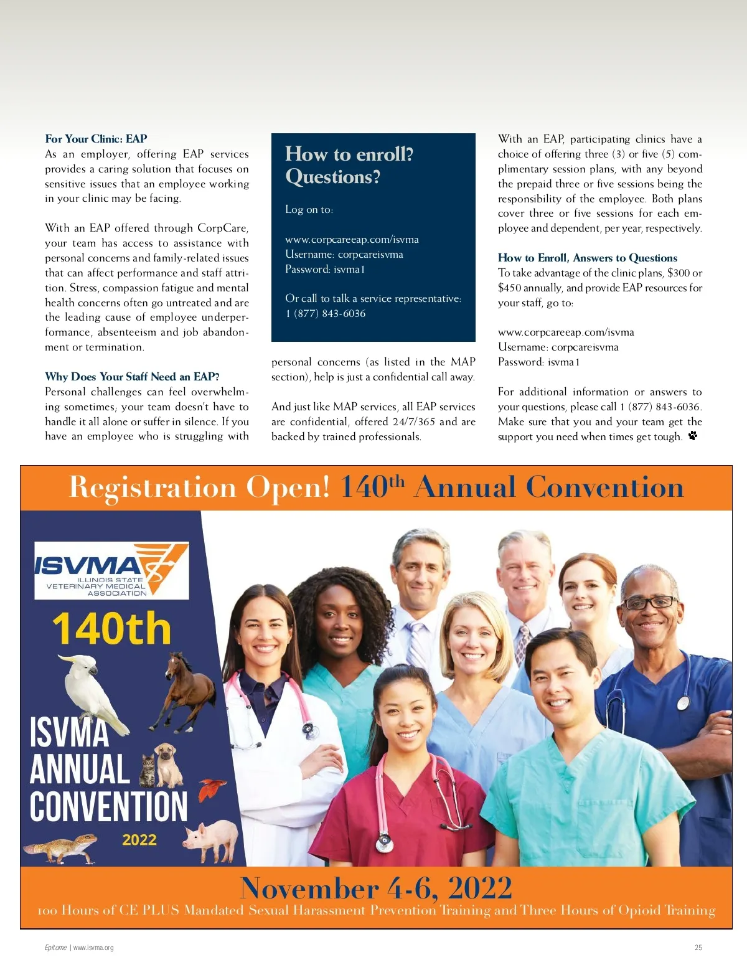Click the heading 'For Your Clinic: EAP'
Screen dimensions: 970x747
pyautogui.click(x=96, y=139)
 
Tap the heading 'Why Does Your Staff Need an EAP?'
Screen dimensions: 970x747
pyautogui.click(x=132, y=377)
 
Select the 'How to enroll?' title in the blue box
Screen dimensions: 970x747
pyautogui.click(x=349, y=154)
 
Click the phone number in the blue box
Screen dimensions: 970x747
pyautogui.click(x=326, y=314)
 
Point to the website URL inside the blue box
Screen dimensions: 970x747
pyautogui.click(x=352, y=240)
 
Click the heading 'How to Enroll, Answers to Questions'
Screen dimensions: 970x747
pyautogui.click(x=587, y=258)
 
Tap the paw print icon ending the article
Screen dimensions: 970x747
pyautogui.click(x=693, y=436)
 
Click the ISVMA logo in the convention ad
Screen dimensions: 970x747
pyautogui.click(x=111, y=570)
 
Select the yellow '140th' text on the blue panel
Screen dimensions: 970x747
pyautogui.click(x=111, y=629)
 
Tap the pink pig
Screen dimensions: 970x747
pyautogui.click(x=212, y=838)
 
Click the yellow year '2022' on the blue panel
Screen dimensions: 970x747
pyautogui.click(x=139, y=840)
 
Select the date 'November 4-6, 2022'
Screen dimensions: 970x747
pyautogui.click(x=376, y=888)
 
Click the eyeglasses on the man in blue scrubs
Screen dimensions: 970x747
pyautogui.click(x=649, y=602)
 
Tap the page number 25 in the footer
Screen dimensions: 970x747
pyautogui.click(x=698, y=948)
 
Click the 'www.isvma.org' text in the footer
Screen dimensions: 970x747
pyautogui.click(x=93, y=948)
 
